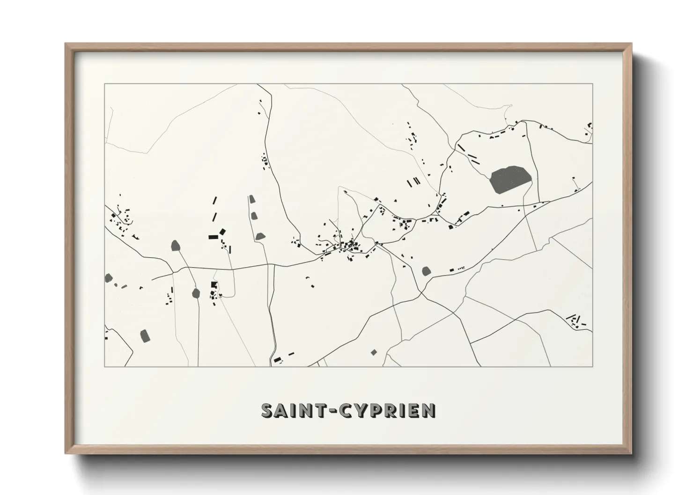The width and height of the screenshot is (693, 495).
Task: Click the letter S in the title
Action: (x=267, y=410)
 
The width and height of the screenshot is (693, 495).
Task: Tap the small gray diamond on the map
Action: (x=374, y=352)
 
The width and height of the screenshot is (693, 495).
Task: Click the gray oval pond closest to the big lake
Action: (x=426, y=271)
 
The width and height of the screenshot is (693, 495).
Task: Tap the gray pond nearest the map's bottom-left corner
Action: (x=144, y=335)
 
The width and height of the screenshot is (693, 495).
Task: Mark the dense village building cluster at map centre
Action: (x=349, y=246)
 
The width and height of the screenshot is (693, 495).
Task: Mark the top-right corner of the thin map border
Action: (x=592, y=84)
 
